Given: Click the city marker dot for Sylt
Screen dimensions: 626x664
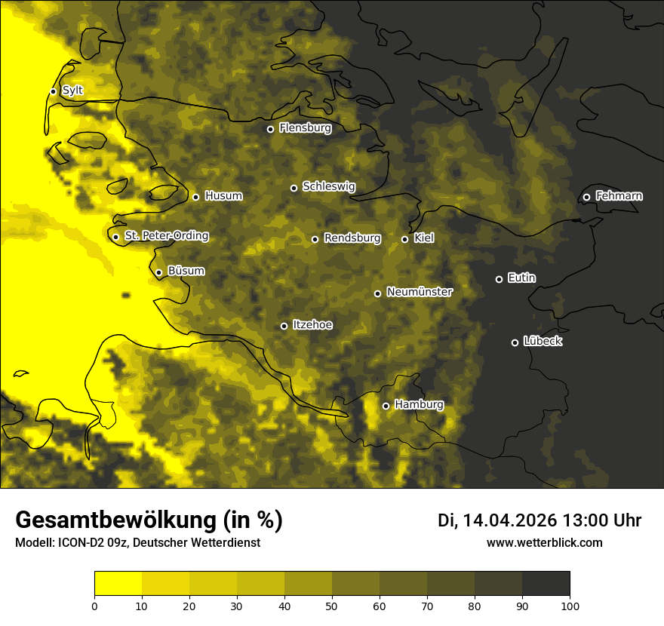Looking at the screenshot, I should pyautogui.click(x=53, y=91).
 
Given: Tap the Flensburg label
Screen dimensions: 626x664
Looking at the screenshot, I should pyautogui.click(x=305, y=128).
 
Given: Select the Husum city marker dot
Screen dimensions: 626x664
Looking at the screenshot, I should pyautogui.click(x=195, y=197).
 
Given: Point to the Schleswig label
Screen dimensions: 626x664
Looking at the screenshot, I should pyautogui.click(x=328, y=186).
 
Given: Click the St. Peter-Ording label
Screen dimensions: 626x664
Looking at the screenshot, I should pyautogui.click(x=166, y=236).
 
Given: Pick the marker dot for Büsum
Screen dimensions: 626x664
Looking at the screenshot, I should pyautogui.click(x=158, y=272).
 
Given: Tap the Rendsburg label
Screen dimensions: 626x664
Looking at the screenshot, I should pyautogui.click(x=352, y=238).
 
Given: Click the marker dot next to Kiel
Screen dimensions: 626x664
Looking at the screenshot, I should pyautogui.click(x=404, y=239).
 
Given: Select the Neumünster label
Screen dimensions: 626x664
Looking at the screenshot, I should pyautogui.click(x=419, y=292).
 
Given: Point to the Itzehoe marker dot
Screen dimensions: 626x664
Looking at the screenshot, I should pyautogui.click(x=284, y=326).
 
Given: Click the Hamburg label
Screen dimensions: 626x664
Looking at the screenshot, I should pyautogui.click(x=419, y=405).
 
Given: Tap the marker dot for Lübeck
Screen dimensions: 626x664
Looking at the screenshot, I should pyautogui.click(x=515, y=342).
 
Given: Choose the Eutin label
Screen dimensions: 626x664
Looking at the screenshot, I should pyautogui.click(x=521, y=278).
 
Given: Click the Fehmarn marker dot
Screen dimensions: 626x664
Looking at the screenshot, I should pyautogui.click(x=586, y=197).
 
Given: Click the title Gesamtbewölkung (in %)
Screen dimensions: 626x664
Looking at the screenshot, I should pyautogui.click(x=149, y=520).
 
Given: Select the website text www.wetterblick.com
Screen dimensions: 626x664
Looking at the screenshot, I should pyautogui.click(x=544, y=542).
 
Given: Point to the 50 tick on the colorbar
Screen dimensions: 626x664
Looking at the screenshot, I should pyautogui.click(x=332, y=606).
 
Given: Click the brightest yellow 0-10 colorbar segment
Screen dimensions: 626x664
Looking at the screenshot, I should pyautogui.click(x=118, y=583).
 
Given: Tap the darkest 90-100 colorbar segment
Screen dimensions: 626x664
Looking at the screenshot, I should pyautogui.click(x=546, y=583).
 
